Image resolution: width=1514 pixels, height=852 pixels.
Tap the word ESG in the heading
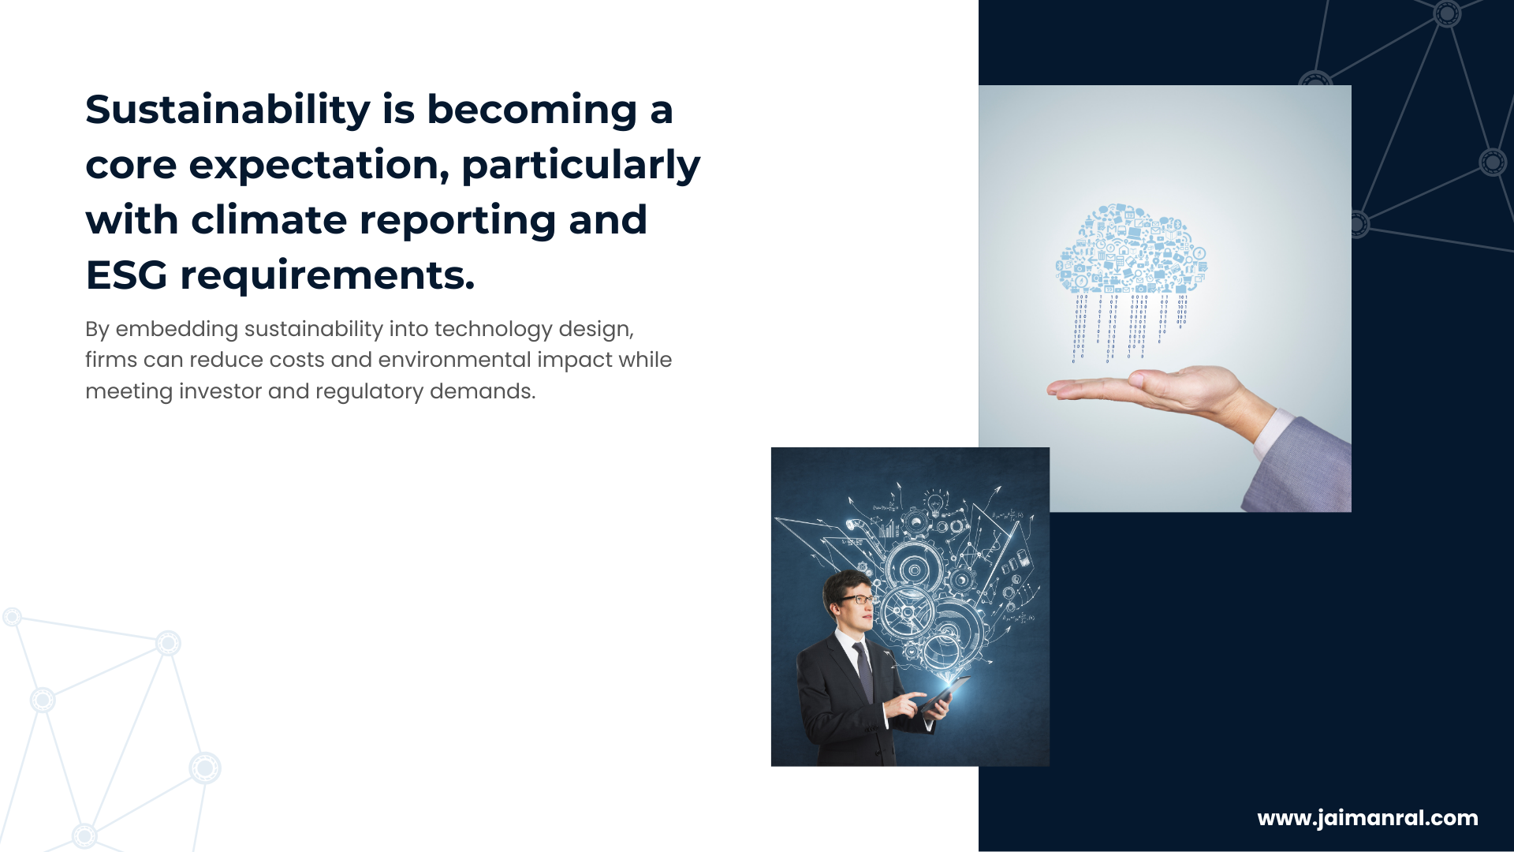pos(126,275)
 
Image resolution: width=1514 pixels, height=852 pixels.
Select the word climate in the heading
pos(269,220)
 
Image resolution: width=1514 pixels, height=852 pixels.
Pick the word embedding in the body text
pos(177,330)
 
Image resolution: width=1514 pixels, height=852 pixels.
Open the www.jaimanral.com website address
pos(1367,819)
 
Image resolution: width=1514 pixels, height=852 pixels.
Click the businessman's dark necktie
pos(864,671)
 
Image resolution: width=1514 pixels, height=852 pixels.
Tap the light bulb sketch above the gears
pos(935,502)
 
